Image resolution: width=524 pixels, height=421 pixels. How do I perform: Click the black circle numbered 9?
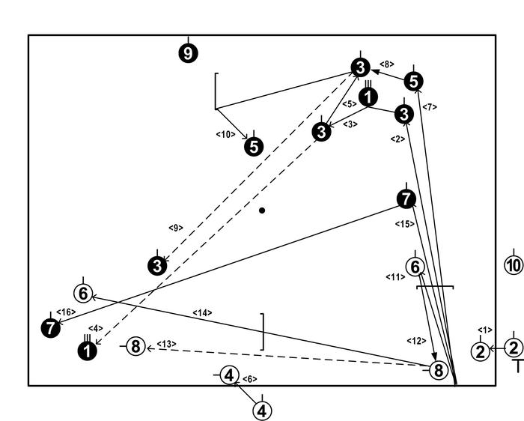pyautogui.click(x=188, y=53)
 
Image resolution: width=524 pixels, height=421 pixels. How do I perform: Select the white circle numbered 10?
pyautogui.click(x=513, y=265)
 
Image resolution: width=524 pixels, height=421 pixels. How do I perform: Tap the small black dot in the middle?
pyautogui.click(x=262, y=210)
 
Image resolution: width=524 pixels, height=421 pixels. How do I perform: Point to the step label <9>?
pyautogui.click(x=176, y=227)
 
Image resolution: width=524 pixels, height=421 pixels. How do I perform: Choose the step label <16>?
pyautogui.click(x=65, y=312)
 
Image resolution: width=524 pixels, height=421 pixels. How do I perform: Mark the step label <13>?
pyautogui.click(x=166, y=344)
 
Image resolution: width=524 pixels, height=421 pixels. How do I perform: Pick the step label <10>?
pyautogui.click(x=226, y=134)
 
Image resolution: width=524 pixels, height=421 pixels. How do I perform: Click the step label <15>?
pyautogui.click(x=404, y=224)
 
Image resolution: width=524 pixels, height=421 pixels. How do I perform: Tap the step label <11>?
pyautogui.click(x=395, y=277)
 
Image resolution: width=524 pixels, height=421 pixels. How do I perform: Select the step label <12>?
pyautogui.click(x=415, y=341)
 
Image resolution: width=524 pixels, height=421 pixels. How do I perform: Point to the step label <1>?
pyautogui.click(x=485, y=330)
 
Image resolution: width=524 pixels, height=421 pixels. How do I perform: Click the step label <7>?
pyautogui.click(x=430, y=107)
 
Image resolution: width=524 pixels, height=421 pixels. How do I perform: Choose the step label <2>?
pyautogui.click(x=397, y=139)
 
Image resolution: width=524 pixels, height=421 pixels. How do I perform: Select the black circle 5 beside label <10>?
pyautogui.click(x=255, y=146)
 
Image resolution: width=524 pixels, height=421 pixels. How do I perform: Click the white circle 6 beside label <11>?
pyautogui.click(x=415, y=267)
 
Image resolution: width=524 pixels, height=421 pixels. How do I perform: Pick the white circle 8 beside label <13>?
pyautogui.click(x=135, y=346)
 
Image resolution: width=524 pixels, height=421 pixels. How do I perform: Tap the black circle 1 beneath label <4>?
pyautogui.click(x=88, y=350)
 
